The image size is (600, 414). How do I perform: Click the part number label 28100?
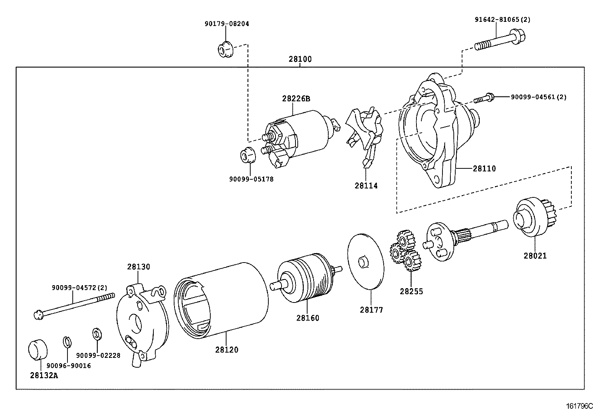[x=300, y=60]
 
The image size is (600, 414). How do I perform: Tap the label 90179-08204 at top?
[x=227, y=24]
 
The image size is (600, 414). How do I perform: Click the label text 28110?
[x=484, y=169]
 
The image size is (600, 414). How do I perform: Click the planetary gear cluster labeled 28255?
[x=405, y=251]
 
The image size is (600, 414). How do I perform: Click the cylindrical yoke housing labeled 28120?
[x=222, y=298]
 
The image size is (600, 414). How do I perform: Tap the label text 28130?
[x=138, y=267]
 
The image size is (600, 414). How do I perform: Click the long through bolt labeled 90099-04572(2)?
[x=73, y=305]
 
